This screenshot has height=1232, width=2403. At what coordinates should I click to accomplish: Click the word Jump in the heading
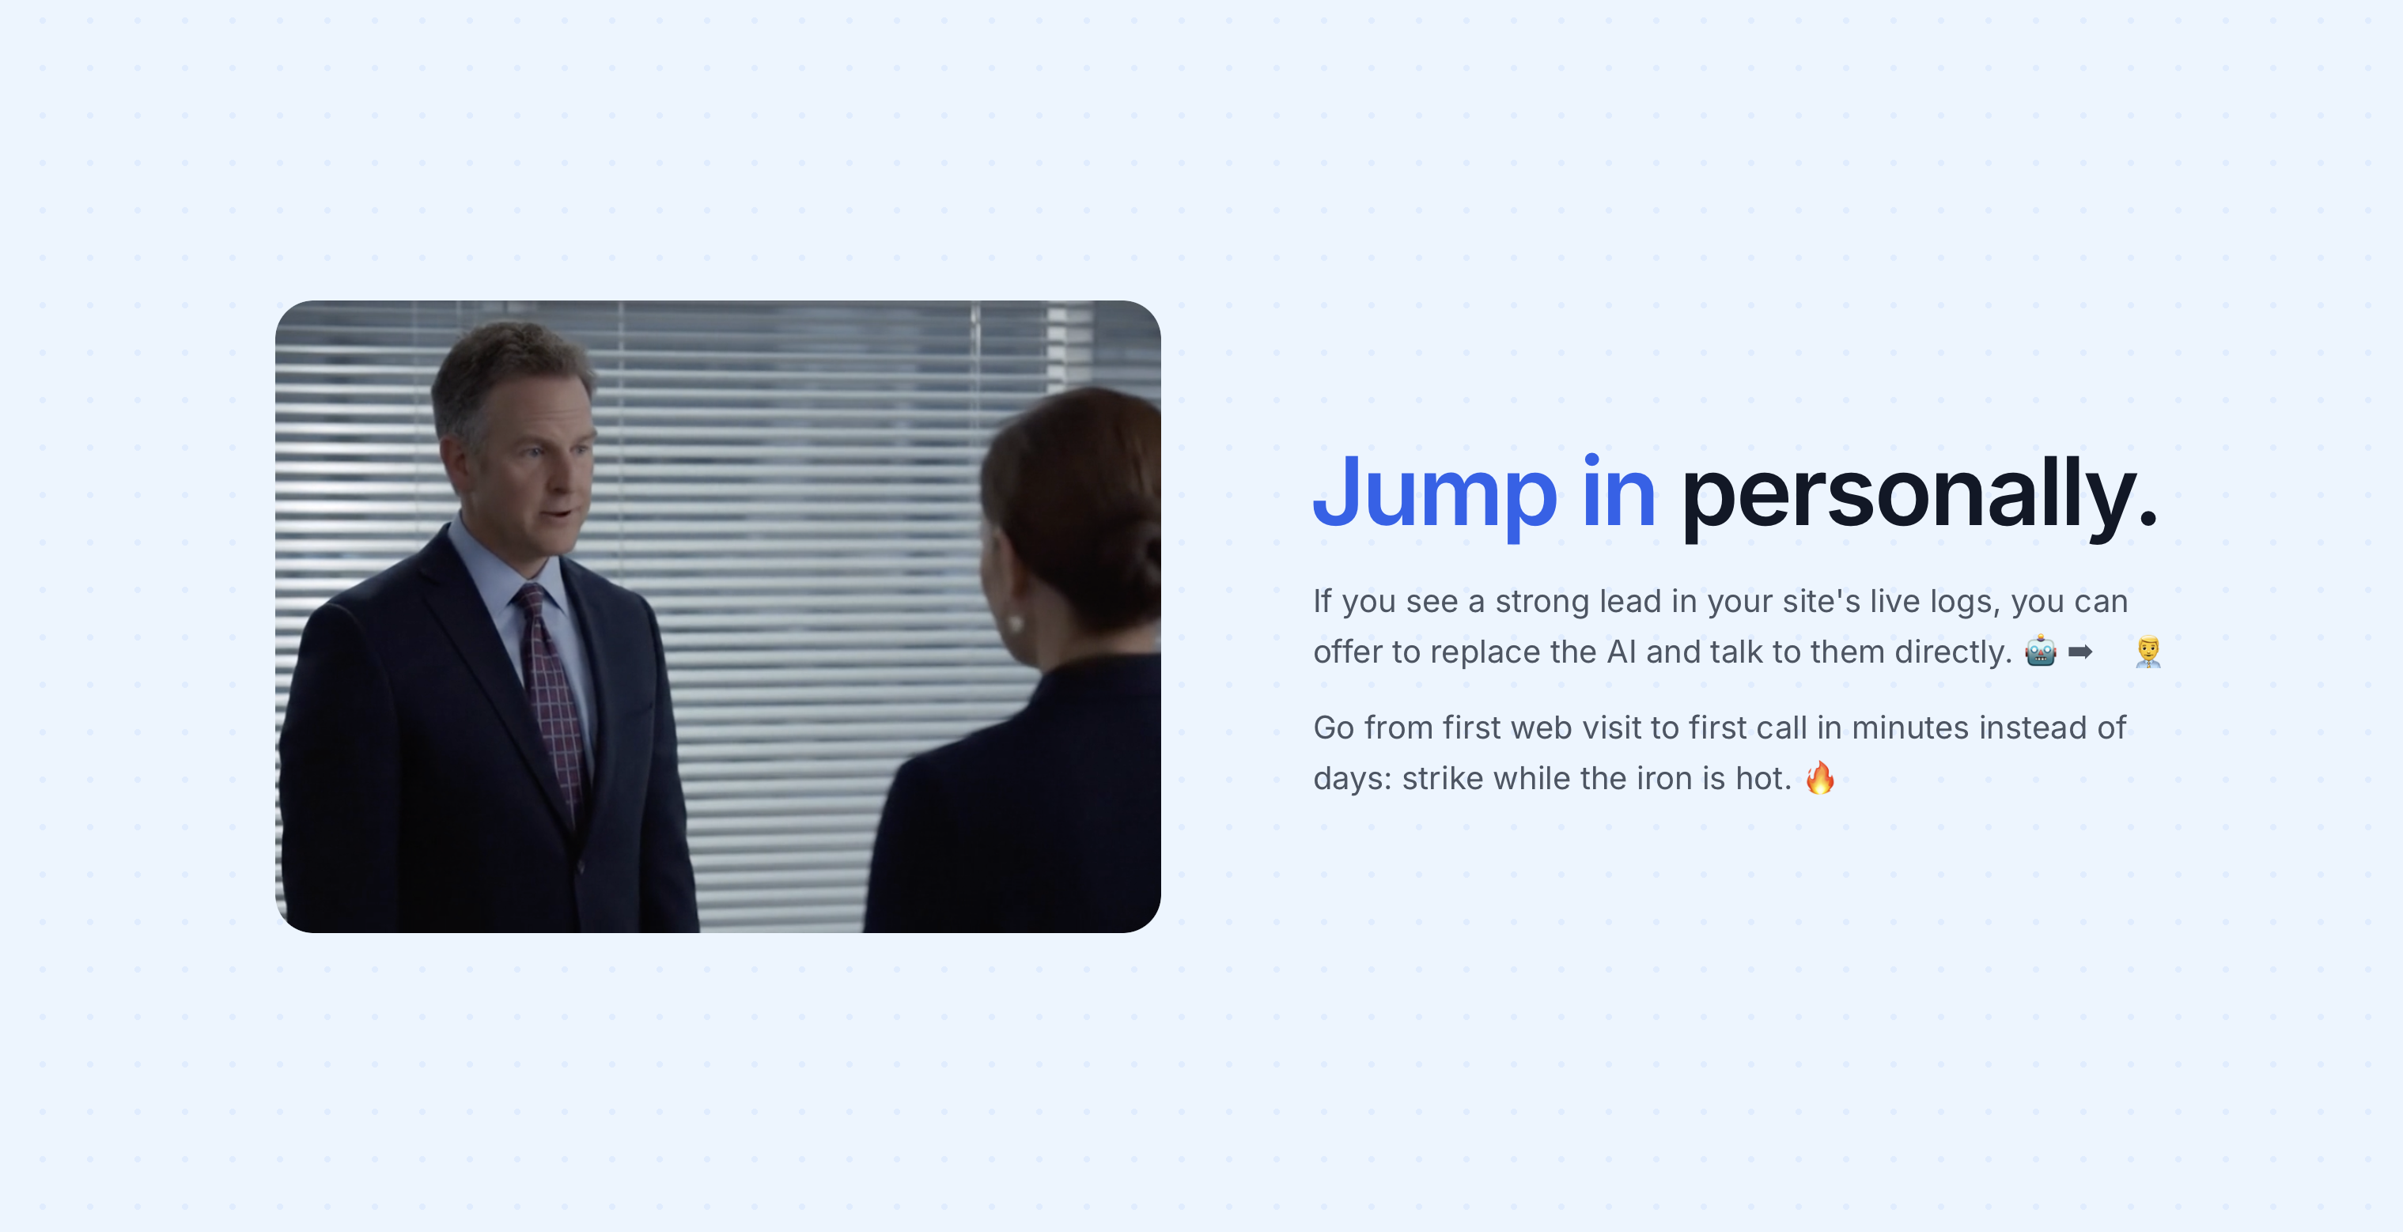click(1435, 495)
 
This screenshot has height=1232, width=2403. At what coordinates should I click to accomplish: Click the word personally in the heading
click(1919, 495)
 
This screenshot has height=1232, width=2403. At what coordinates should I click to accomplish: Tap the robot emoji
click(2040, 651)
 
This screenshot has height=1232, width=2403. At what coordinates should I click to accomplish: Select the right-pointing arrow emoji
click(2080, 651)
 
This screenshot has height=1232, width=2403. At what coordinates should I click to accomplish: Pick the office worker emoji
click(2148, 651)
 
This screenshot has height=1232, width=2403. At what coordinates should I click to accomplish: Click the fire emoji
click(1820, 777)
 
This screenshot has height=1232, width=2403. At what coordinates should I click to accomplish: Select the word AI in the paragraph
click(1622, 652)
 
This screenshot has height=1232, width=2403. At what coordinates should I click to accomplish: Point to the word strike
click(1443, 778)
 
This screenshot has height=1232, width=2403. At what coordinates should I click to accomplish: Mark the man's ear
click(452, 461)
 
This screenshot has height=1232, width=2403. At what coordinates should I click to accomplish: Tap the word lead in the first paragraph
click(1631, 602)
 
